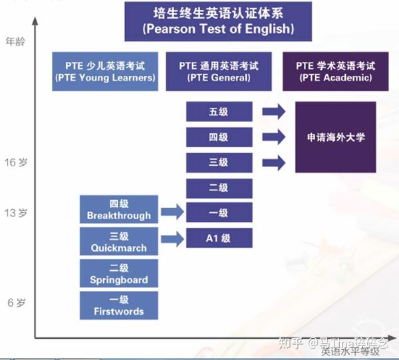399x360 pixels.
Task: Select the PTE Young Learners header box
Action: coord(106,71)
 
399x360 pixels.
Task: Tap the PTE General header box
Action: coord(219,71)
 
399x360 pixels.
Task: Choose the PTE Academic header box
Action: coord(335,71)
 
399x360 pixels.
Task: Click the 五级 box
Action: coord(218,112)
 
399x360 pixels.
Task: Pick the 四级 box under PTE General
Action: coord(218,137)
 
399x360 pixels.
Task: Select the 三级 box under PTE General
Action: coord(218,162)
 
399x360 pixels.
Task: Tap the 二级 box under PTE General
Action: coord(218,188)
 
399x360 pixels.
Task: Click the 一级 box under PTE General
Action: coord(218,213)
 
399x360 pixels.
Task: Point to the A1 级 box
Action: coord(218,238)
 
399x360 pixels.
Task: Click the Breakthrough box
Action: coord(118,210)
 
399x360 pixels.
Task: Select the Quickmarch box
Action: coord(118,242)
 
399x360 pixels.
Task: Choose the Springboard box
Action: coord(118,273)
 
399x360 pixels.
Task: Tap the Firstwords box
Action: coord(118,305)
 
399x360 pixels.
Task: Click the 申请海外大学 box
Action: coord(335,137)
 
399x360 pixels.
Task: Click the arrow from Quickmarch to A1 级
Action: coord(172,238)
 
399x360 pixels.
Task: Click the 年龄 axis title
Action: coord(15,41)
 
